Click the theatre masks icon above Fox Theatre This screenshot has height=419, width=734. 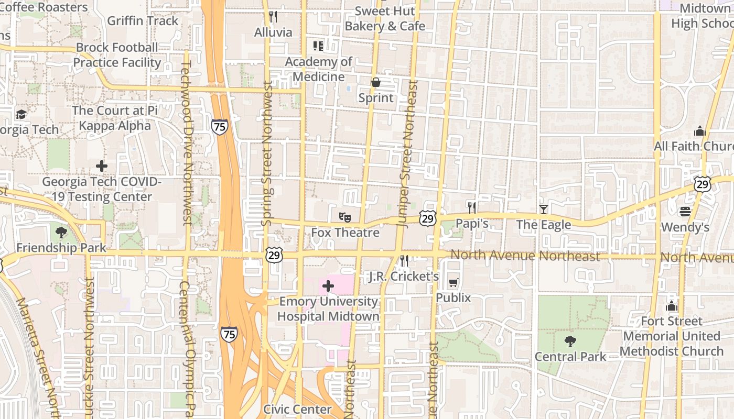click(x=344, y=216)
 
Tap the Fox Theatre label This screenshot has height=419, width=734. click(x=345, y=232)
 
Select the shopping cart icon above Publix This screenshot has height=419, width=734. click(x=454, y=282)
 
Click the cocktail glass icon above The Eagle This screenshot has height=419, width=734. click(x=543, y=210)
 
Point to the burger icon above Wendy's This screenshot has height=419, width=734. click(x=685, y=212)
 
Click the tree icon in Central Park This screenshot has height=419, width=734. click(x=570, y=341)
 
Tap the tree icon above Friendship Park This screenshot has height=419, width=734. click(x=61, y=232)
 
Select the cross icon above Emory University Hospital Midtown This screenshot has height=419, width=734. click(x=328, y=286)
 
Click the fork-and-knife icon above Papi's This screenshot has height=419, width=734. click(x=472, y=207)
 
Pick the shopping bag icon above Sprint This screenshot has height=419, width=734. click(x=376, y=82)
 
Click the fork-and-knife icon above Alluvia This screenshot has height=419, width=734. click(x=273, y=17)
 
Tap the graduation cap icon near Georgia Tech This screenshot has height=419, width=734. click(x=21, y=114)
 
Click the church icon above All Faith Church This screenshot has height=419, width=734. click(x=699, y=131)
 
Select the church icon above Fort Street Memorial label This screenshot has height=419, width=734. click(x=672, y=306)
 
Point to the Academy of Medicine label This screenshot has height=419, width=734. click(x=318, y=69)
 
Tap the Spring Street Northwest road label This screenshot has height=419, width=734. click(x=267, y=155)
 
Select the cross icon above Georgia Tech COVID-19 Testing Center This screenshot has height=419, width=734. click(x=102, y=166)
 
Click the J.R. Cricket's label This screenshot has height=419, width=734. click(x=404, y=276)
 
